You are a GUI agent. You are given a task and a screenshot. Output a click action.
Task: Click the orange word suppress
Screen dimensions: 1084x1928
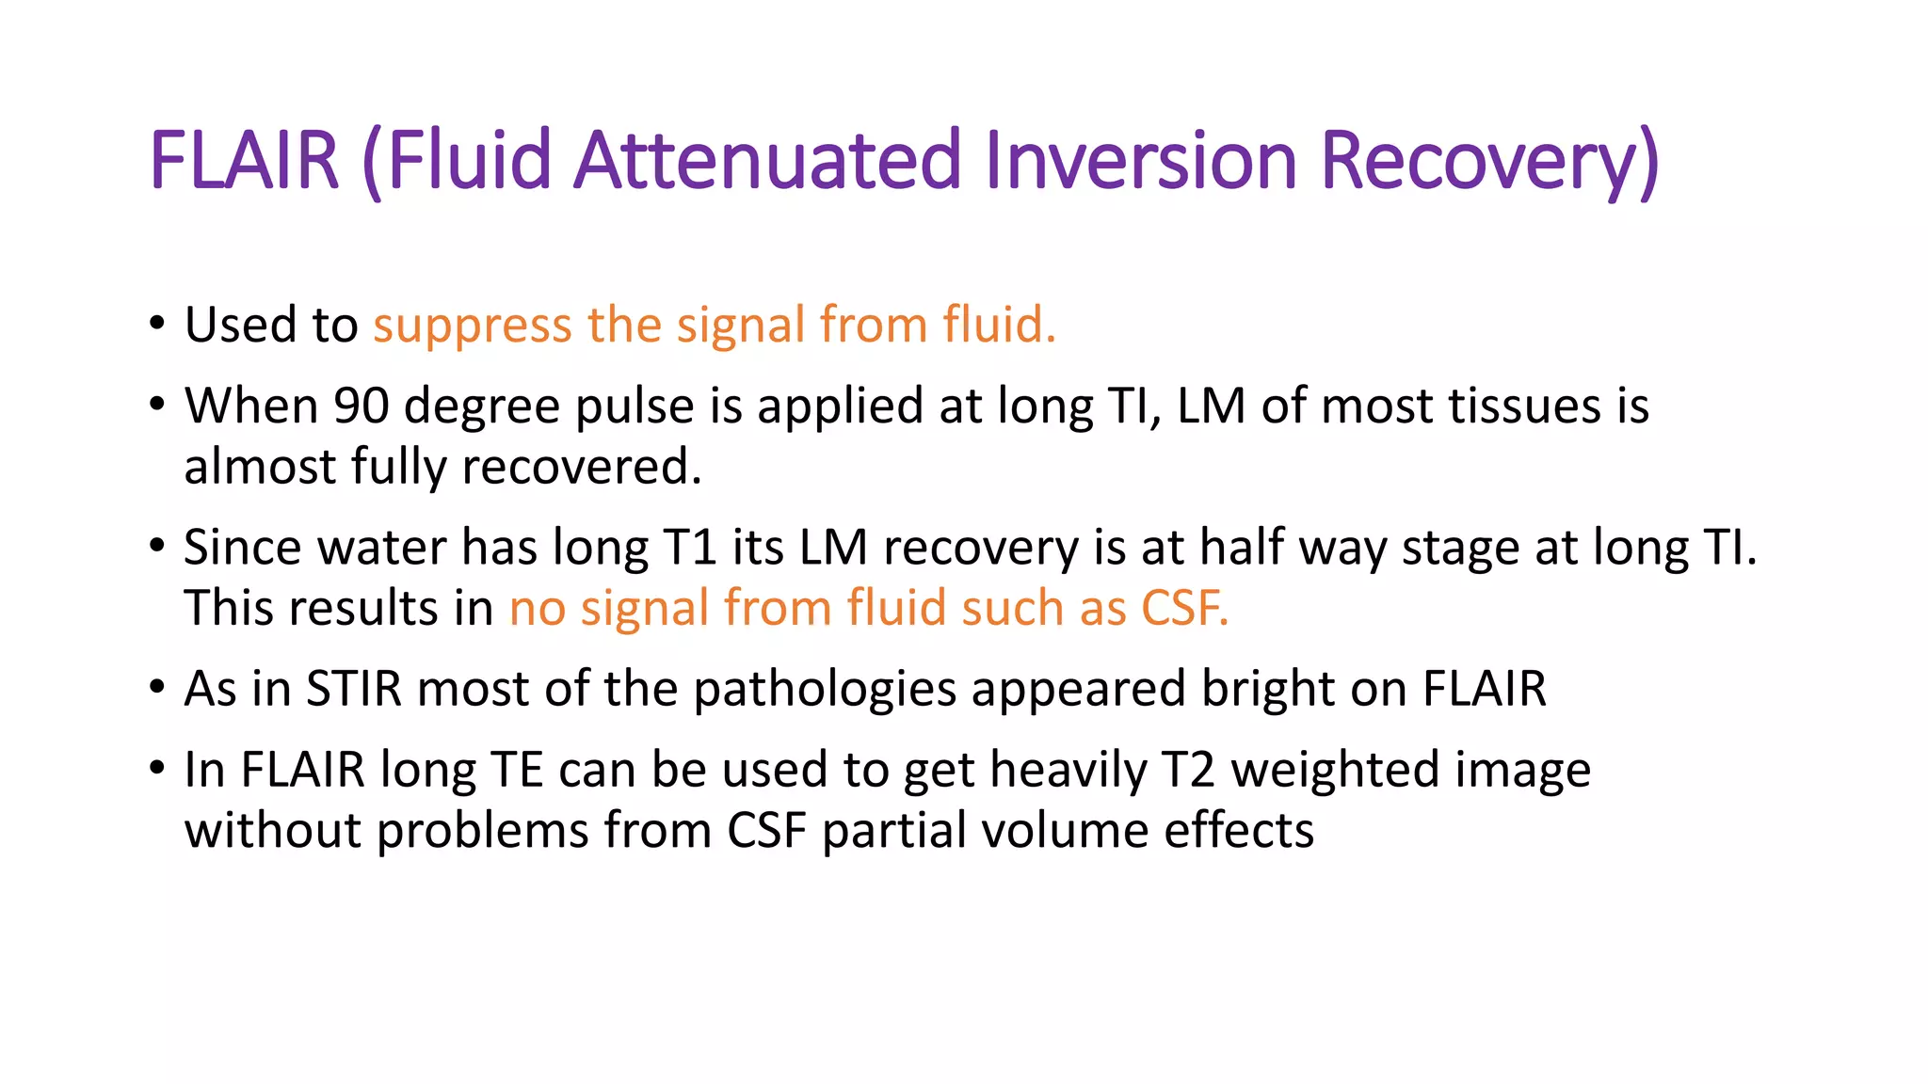472,327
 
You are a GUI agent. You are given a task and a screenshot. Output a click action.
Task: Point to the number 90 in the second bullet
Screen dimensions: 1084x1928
361,406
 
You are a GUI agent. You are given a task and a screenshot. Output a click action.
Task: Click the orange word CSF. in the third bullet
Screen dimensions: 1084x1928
1184,608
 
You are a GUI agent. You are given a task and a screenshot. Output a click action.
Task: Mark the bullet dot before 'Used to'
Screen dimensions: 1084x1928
157,325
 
